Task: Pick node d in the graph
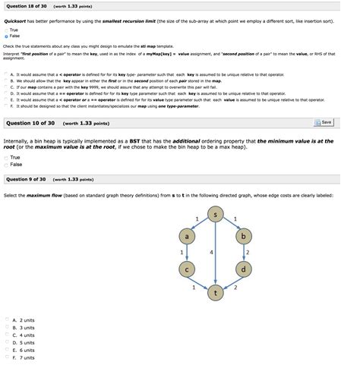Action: click(243, 269)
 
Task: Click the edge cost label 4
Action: click(210, 251)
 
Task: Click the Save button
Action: click(322, 122)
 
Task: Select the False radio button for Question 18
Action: click(5, 35)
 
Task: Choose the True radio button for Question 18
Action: click(5, 30)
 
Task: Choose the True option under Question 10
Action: click(5, 157)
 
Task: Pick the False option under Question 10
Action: click(5, 163)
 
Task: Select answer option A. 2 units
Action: click(6, 320)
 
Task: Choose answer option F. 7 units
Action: click(6, 357)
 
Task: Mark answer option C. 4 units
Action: click(6, 335)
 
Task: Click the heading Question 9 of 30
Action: click(27, 180)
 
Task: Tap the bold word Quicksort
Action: click(16, 21)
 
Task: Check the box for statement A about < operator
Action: click(6, 75)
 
